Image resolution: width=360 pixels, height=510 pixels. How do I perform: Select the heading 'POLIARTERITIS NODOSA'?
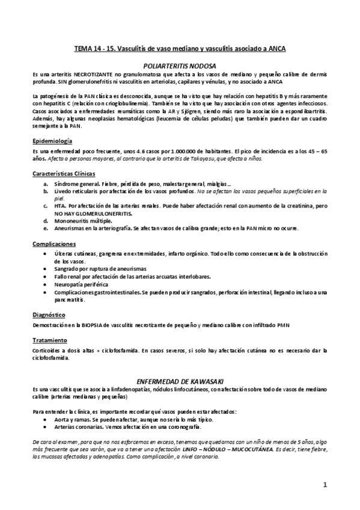pyautogui.click(x=180, y=64)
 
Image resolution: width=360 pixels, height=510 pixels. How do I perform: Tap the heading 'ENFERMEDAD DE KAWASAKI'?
pyautogui.click(x=180, y=381)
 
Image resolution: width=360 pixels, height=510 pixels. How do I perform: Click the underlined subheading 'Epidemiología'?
pyautogui.click(x=52, y=140)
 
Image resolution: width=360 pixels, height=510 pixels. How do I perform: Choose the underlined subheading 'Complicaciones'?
pyautogui.click(x=54, y=244)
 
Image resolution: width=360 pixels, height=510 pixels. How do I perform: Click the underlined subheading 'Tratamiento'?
pyautogui.click(x=50, y=340)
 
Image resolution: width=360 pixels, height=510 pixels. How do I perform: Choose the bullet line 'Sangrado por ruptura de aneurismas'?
pyautogui.click(x=98, y=269)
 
